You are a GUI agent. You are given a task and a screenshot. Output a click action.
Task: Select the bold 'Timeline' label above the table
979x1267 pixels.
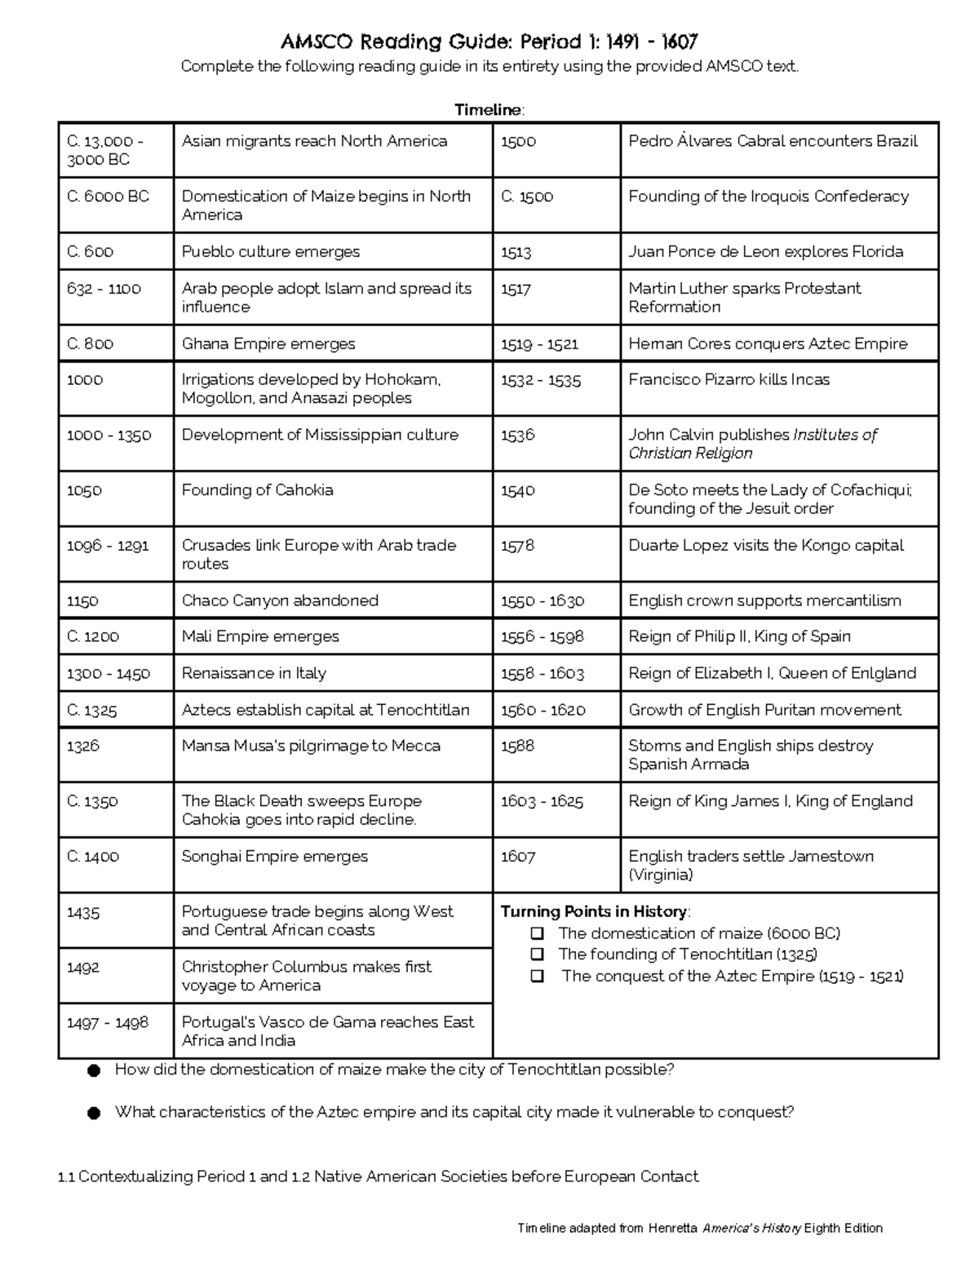(488, 110)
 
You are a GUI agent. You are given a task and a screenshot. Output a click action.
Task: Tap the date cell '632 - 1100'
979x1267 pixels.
(104, 289)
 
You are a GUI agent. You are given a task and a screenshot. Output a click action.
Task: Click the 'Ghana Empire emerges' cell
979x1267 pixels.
(268, 344)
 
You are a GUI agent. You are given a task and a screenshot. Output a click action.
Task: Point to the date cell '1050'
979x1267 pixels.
(84, 490)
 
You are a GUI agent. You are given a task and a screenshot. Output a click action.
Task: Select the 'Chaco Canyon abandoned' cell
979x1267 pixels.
(280, 601)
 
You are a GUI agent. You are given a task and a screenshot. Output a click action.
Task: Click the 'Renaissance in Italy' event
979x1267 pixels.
(254, 674)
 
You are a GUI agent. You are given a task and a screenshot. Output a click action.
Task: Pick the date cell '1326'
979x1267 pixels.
(83, 746)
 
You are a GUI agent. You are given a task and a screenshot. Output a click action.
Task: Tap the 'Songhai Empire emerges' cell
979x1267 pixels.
(275, 857)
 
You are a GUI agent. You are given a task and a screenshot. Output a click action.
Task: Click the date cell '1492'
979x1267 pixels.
(83, 968)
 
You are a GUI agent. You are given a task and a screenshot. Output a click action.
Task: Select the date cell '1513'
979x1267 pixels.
(516, 253)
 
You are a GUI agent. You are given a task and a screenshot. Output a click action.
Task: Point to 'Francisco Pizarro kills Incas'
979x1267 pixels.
(729, 380)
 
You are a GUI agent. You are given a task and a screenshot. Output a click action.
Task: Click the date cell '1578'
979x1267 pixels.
(517, 546)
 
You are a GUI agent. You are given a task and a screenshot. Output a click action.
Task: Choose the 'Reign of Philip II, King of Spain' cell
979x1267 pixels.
(739, 637)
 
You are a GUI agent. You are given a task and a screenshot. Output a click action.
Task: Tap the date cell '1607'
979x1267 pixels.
(518, 857)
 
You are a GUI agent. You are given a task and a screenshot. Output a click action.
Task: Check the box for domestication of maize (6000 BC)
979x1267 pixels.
(537, 933)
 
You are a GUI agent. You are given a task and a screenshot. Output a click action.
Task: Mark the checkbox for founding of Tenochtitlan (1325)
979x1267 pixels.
(537, 955)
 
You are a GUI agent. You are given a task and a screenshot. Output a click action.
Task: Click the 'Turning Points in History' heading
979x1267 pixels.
(594, 912)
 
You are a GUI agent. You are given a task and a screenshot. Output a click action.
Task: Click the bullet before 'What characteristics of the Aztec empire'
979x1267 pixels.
(94, 1113)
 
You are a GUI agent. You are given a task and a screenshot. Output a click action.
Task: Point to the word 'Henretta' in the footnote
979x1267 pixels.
(672, 1228)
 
